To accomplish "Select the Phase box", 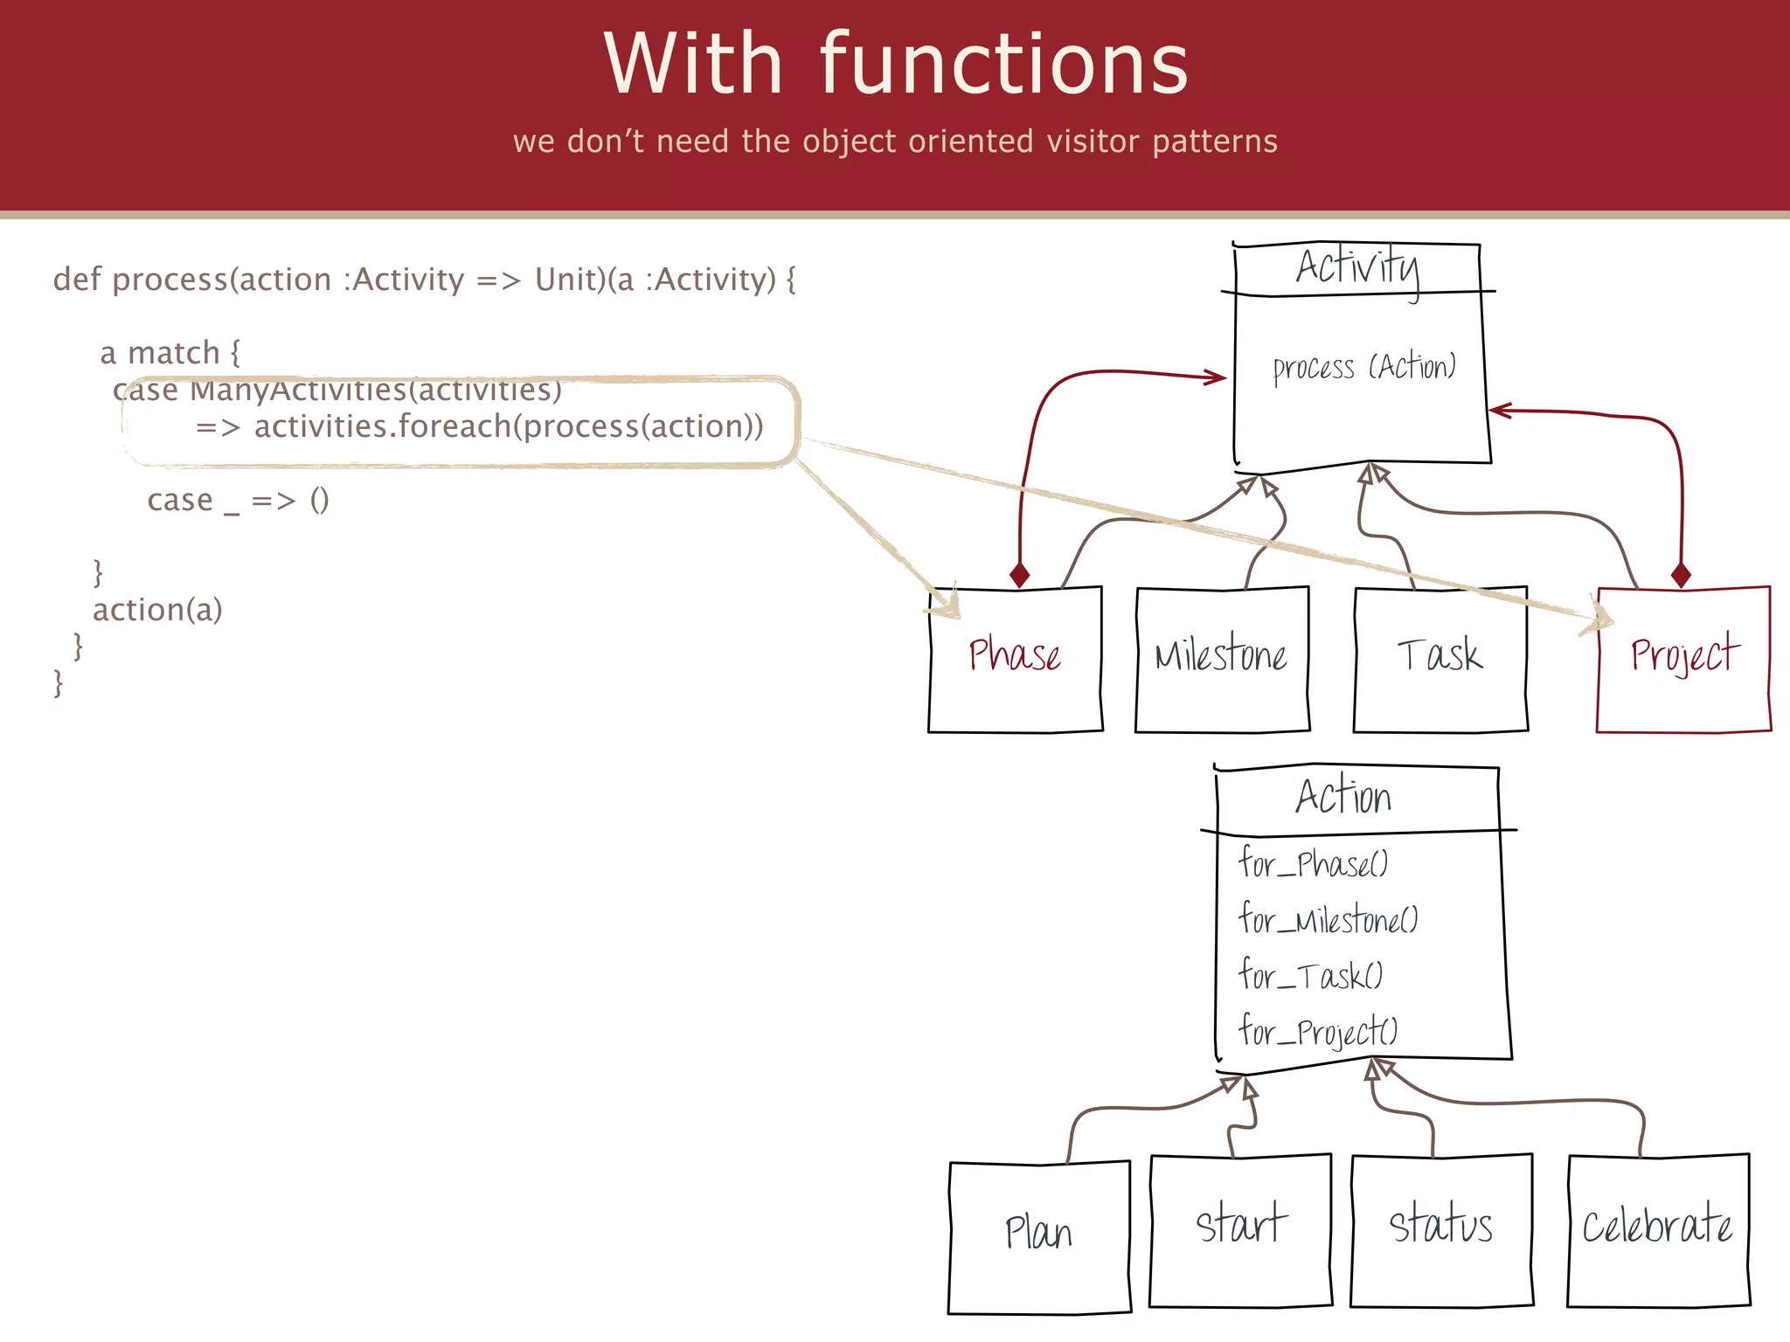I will click(1015, 660).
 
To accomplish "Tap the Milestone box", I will click(1221, 660).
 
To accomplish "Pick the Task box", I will click(1440, 660).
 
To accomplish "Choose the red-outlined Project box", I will click(1683, 660).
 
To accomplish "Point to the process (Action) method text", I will click(1363, 368).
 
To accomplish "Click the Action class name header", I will click(1343, 797).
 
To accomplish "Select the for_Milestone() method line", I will click(1328, 919).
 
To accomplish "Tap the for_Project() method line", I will click(1318, 1032).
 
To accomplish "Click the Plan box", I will click(1038, 1236).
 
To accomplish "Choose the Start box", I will click(1240, 1229).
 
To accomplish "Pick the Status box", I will click(1440, 1229).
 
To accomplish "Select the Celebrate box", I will click(1657, 1229).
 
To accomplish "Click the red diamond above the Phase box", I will click(1019, 575).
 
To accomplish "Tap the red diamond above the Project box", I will click(1681, 575).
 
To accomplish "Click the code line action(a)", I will click(157, 610).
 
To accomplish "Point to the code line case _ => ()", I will click(238, 500).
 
